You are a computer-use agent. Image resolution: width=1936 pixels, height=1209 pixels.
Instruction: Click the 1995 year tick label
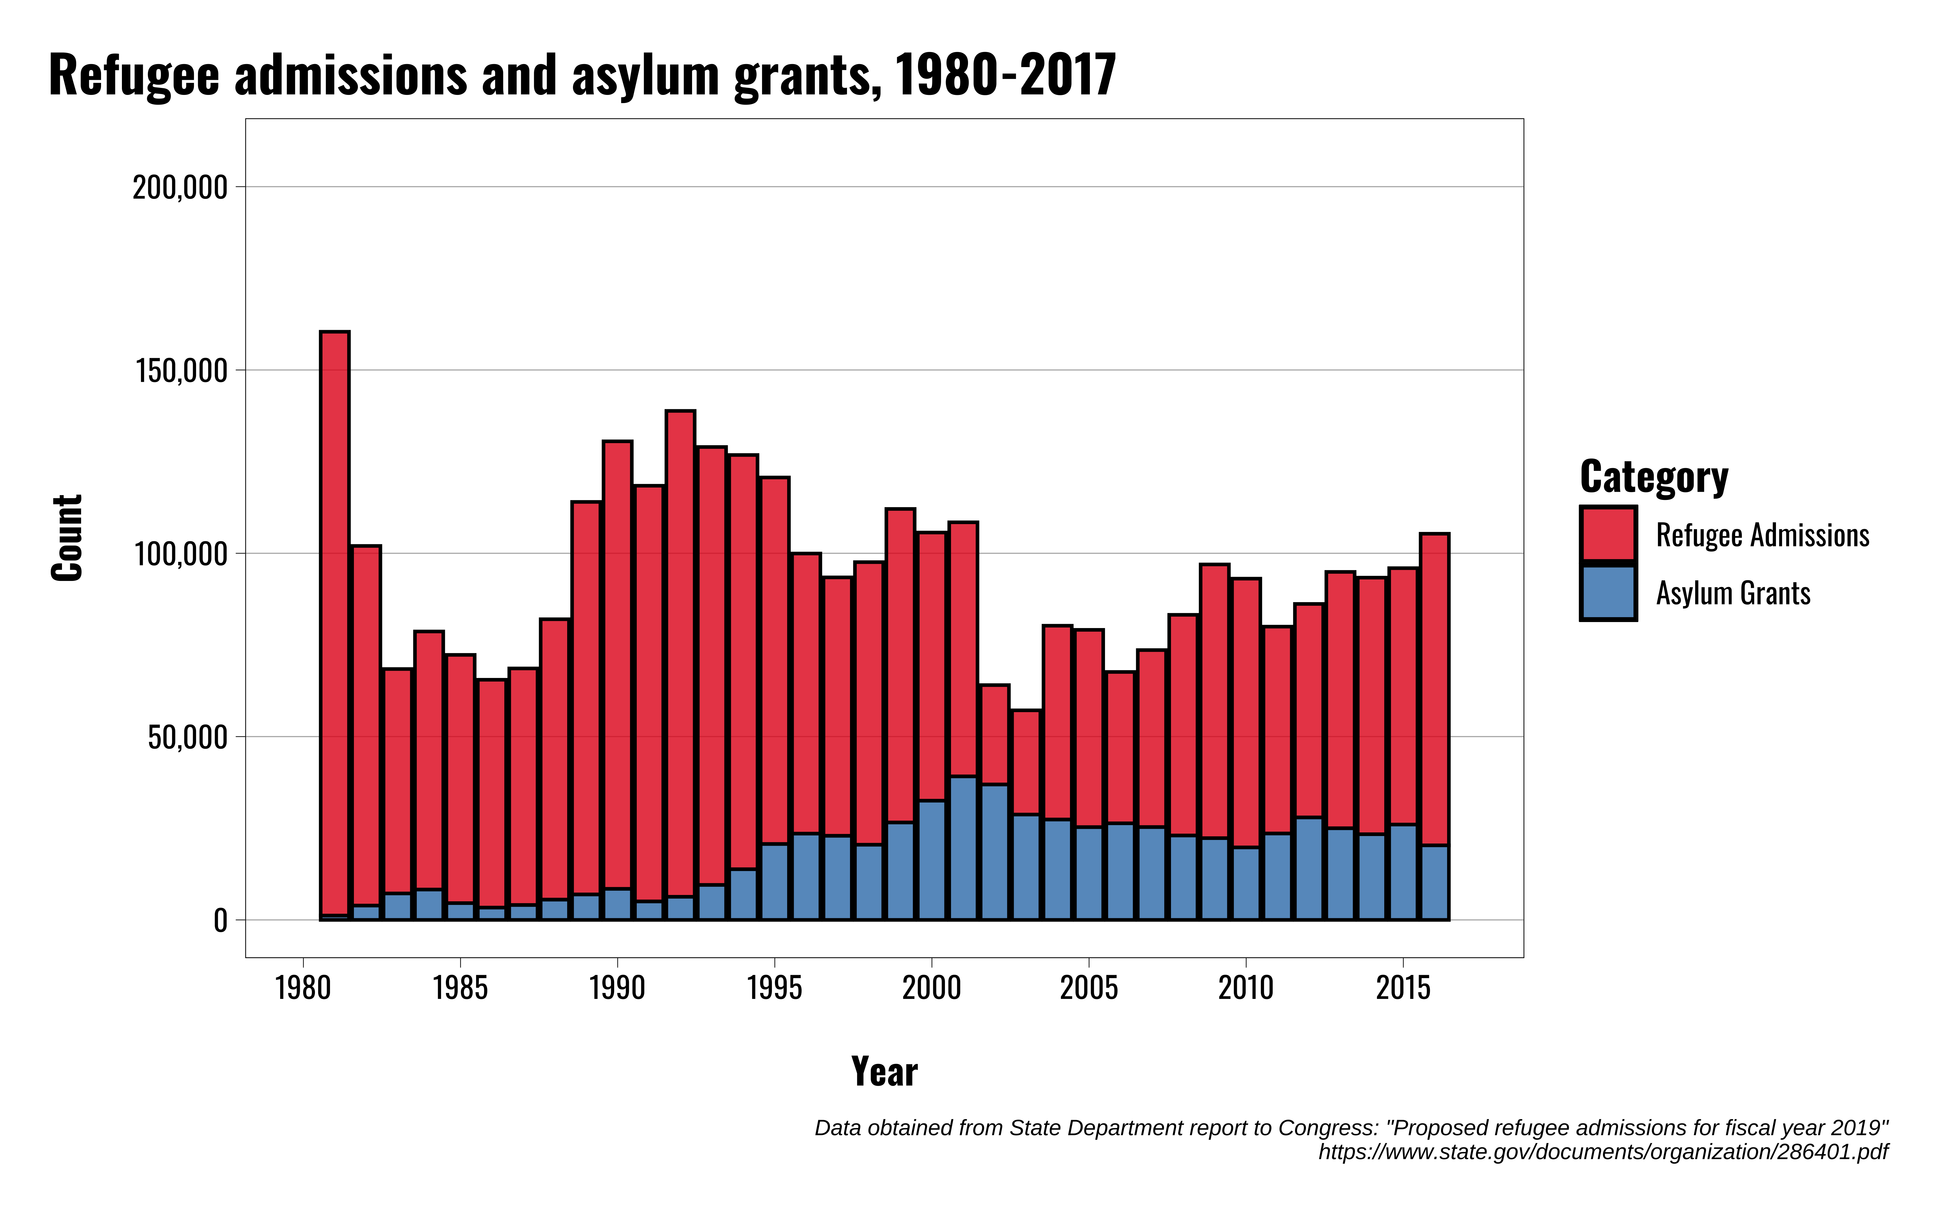point(774,988)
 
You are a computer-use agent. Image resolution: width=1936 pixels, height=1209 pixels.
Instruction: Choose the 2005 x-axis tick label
point(1089,988)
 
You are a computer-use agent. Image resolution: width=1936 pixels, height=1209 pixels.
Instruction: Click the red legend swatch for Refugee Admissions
point(1608,534)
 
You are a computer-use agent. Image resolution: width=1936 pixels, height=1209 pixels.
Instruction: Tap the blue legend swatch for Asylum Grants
point(1608,592)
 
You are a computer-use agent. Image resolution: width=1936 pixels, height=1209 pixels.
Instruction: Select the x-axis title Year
point(884,1071)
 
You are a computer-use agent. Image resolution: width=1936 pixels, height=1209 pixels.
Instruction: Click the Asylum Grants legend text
point(1733,593)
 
